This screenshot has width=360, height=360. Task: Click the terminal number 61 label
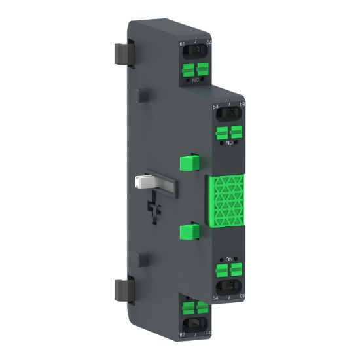[x=182, y=45]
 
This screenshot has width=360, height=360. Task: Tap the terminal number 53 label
[x=216, y=106]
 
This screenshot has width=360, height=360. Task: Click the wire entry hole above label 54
[x=229, y=287]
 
